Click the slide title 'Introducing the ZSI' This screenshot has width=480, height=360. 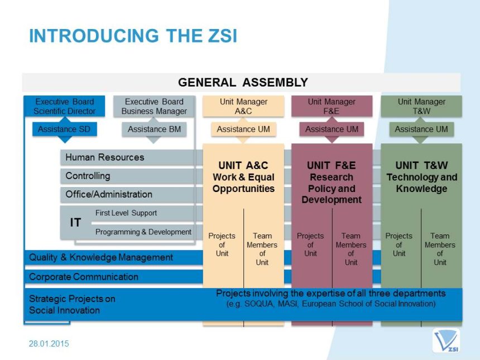pyautogui.click(x=133, y=36)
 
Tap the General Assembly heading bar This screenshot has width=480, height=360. pyautogui.click(x=241, y=83)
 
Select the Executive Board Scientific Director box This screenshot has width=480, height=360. pyautogui.click(x=64, y=106)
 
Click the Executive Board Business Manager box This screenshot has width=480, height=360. pyautogui.click(x=154, y=106)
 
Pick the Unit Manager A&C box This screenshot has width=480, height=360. pyautogui.click(x=243, y=106)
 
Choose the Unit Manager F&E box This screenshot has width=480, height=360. pyautogui.click(x=332, y=106)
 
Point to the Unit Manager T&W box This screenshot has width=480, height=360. pyautogui.click(x=421, y=106)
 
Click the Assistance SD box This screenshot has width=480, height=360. pyautogui.click(x=64, y=129)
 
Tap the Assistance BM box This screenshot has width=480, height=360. pyautogui.click(x=154, y=129)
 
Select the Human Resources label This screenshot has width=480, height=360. pyautogui.click(x=105, y=157)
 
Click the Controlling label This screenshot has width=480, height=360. pyautogui.click(x=88, y=176)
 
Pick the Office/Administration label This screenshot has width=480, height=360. pyautogui.click(x=109, y=194)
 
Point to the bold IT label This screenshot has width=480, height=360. pyautogui.click(x=75, y=223)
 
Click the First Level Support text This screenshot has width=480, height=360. pyautogui.click(x=126, y=213)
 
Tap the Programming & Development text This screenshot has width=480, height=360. pyautogui.click(x=143, y=232)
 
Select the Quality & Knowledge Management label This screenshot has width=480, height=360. pyautogui.click(x=101, y=257)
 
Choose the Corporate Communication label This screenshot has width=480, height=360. pyautogui.click(x=84, y=277)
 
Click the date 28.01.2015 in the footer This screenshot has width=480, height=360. pyautogui.click(x=49, y=343)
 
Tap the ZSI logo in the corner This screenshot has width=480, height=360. pyautogui.click(x=446, y=340)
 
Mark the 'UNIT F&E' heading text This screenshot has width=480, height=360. pyautogui.click(x=332, y=166)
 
